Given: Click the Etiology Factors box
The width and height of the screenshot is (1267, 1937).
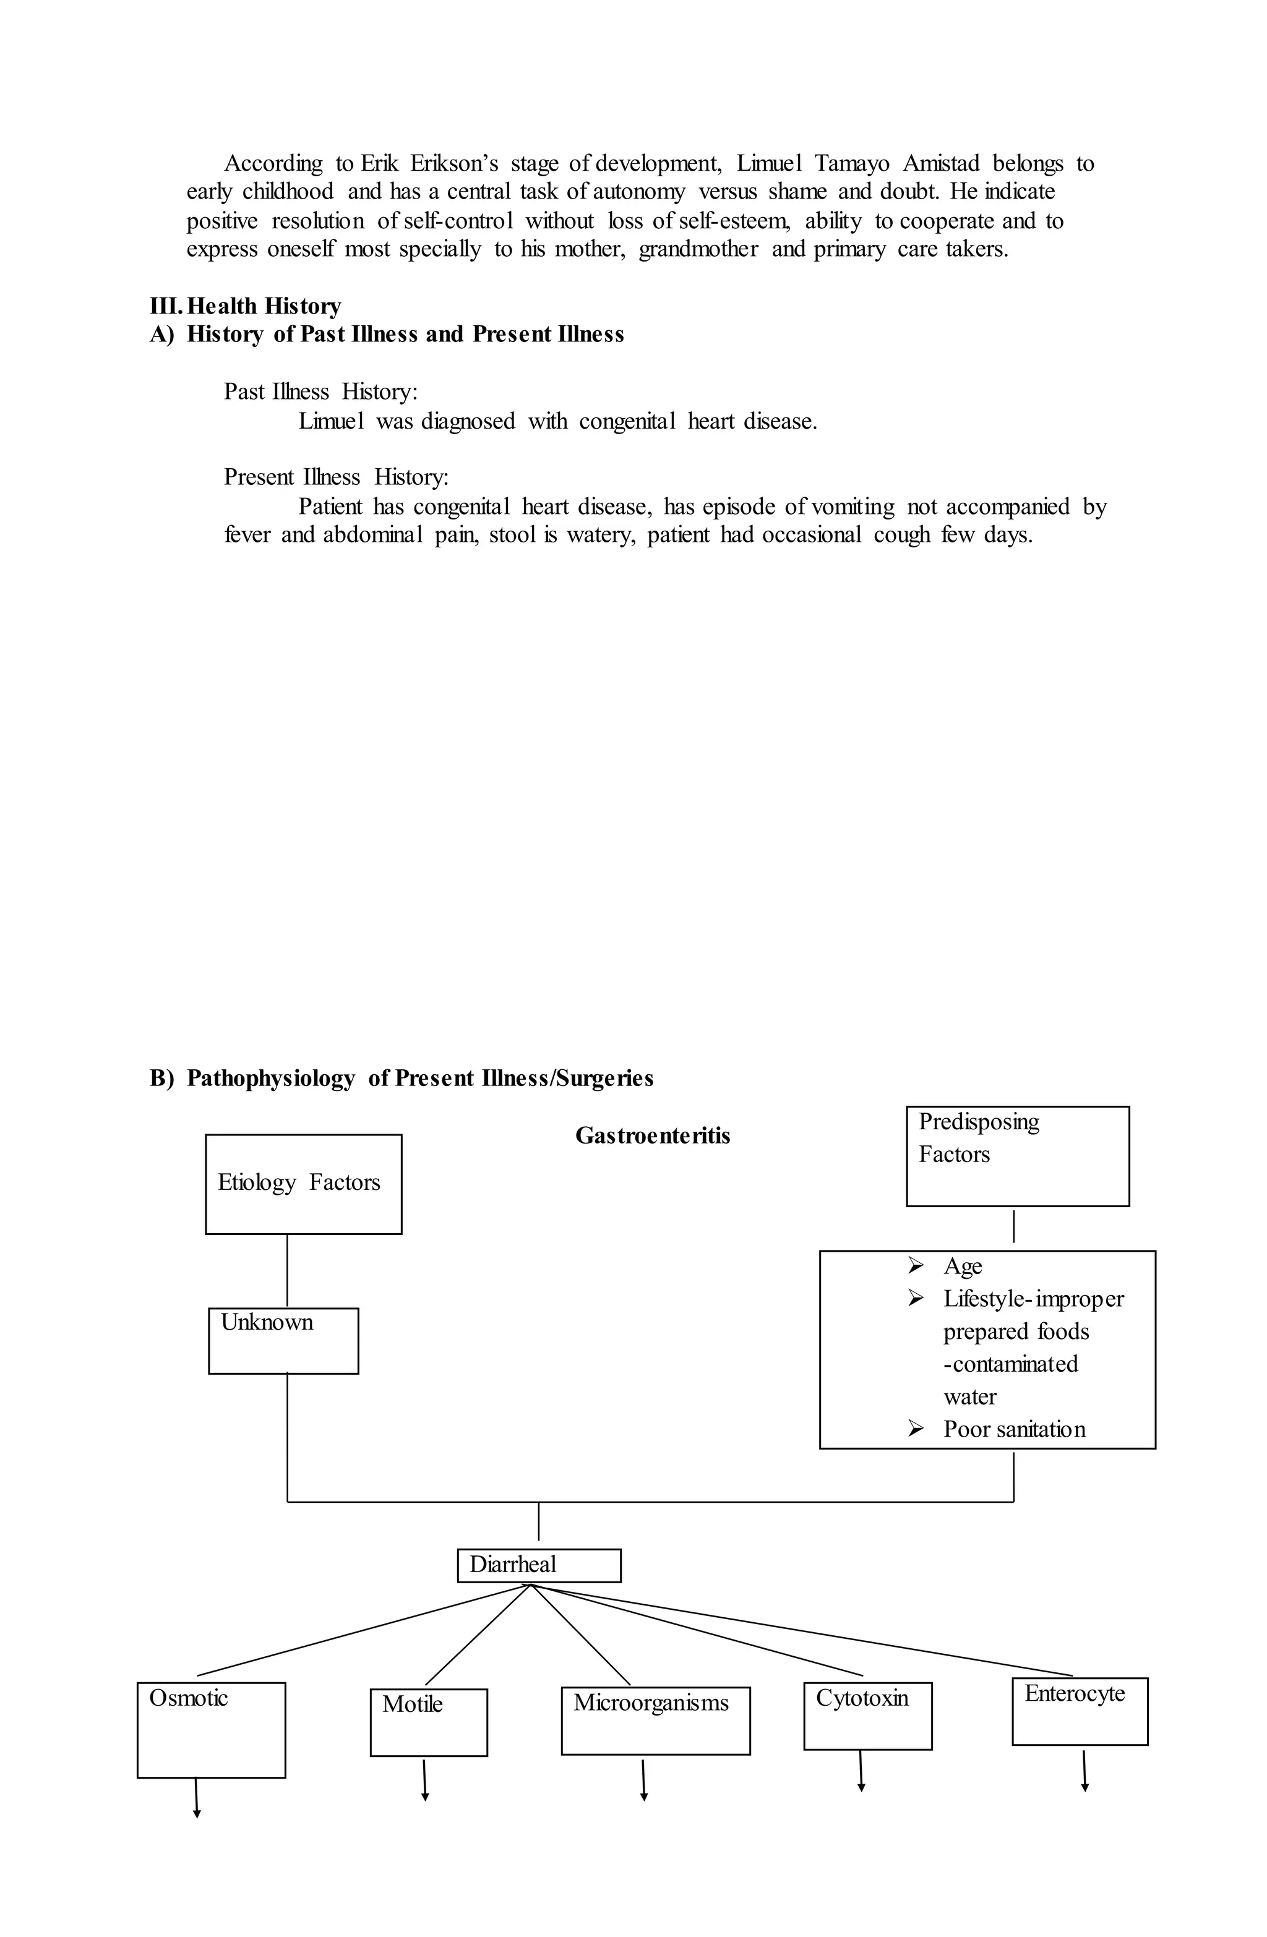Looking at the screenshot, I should click(303, 1183).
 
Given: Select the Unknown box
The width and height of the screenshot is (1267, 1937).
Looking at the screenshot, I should click(283, 1340).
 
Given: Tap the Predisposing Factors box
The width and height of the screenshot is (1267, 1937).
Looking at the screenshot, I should click(1017, 1156).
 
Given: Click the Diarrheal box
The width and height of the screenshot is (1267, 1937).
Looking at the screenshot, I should click(538, 1565).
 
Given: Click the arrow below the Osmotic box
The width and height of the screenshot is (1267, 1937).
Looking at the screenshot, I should click(196, 1797).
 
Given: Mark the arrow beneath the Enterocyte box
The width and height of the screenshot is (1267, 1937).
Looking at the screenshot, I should click(1084, 1771).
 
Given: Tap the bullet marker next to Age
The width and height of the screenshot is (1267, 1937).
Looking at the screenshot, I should click(915, 1265).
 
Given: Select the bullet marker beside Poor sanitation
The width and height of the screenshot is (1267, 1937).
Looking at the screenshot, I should click(915, 1429).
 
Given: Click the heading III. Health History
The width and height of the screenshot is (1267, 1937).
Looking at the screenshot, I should click(245, 306).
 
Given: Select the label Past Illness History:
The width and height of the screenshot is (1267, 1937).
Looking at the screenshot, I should click(320, 391).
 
